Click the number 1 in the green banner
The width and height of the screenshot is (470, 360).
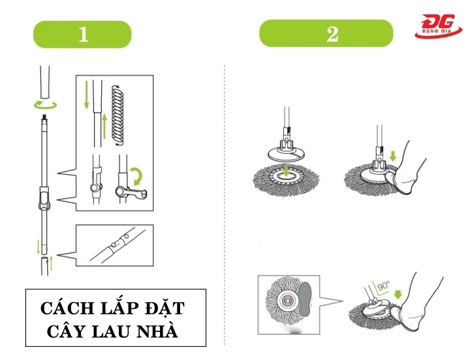[x=83, y=34]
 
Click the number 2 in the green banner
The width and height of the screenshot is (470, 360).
[x=332, y=34]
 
